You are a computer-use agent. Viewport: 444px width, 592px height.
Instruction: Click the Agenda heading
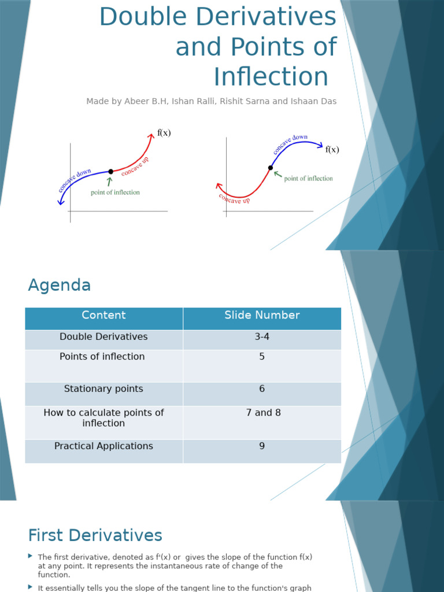59,286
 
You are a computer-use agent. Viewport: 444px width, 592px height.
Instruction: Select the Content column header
103,316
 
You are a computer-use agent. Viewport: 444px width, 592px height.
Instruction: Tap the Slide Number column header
262,316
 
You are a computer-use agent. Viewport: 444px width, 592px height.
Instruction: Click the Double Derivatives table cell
103,337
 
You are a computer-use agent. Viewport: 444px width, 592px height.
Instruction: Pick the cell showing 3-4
262,337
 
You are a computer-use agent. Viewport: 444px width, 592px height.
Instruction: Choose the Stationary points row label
103,389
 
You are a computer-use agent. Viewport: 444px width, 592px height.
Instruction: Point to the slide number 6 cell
262,389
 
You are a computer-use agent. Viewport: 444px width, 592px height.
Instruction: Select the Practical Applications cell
103,446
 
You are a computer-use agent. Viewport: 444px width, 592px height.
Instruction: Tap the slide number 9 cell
262,446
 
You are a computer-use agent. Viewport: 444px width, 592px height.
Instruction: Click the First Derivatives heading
95,535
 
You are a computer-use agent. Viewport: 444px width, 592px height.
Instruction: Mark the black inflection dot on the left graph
110,172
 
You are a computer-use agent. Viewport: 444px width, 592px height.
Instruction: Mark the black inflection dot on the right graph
270,168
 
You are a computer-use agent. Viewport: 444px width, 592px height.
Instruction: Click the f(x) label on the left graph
164,133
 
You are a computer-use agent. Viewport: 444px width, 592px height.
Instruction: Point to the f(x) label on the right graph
332,150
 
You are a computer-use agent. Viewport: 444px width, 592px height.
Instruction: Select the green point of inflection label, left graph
115,193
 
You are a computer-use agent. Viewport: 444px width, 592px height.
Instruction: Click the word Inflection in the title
271,77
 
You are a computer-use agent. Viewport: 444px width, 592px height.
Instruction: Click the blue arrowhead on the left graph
60,202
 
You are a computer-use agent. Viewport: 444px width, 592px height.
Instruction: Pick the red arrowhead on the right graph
219,186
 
